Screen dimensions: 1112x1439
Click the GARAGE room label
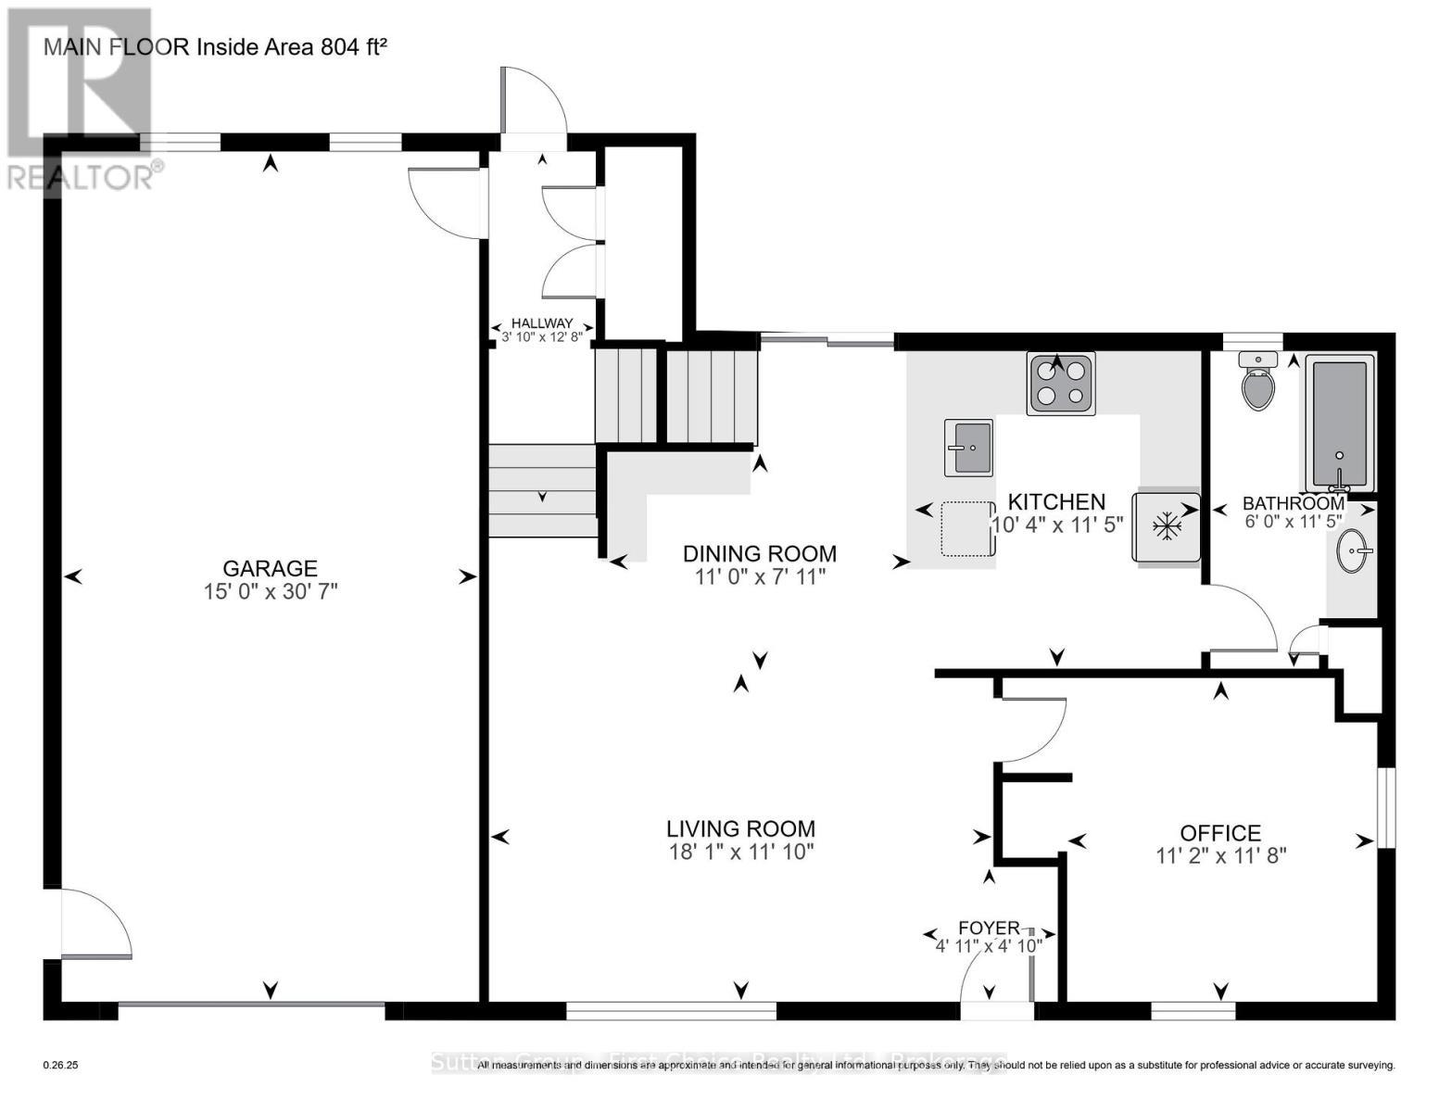(x=270, y=568)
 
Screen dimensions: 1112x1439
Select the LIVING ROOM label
(x=740, y=828)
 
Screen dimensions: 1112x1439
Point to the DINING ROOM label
(x=759, y=553)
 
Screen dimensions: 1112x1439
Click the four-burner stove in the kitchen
(x=1061, y=383)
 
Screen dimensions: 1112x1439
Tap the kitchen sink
(x=968, y=448)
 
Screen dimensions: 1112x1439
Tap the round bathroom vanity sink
(x=1355, y=554)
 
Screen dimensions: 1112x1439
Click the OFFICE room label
(x=1219, y=833)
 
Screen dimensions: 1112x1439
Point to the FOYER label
(x=989, y=928)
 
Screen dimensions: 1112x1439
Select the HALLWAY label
(x=542, y=323)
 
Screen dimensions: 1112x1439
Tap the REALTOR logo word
(x=81, y=177)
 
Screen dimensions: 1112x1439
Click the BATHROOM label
(x=1293, y=503)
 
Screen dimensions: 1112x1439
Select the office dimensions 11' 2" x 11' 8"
(x=1220, y=856)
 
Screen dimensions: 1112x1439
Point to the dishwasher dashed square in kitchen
(x=966, y=528)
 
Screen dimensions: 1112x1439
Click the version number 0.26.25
(x=61, y=1066)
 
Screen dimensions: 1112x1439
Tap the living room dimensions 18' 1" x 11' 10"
(x=740, y=852)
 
